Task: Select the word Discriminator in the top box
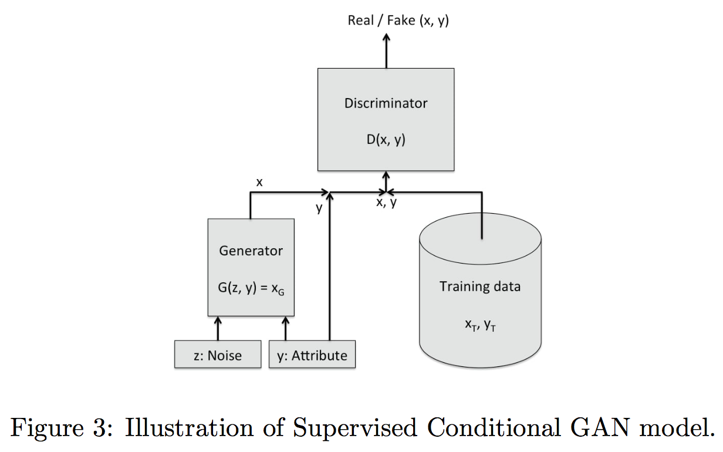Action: click(x=386, y=103)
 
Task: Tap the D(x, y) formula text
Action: click(x=386, y=141)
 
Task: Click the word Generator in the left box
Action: click(x=251, y=251)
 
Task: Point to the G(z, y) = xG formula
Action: click(x=251, y=289)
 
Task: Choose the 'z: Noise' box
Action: click(x=218, y=356)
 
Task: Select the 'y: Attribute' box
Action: click(x=312, y=356)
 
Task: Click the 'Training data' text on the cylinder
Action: click(x=480, y=287)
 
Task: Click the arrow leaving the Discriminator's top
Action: click(x=386, y=50)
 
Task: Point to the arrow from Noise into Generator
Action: click(x=218, y=329)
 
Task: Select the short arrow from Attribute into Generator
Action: click(x=286, y=329)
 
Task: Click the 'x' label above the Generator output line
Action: click(x=259, y=183)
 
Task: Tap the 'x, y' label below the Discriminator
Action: click(x=386, y=203)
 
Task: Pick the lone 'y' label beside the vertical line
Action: click(x=320, y=207)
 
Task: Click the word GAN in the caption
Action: click(x=617, y=428)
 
